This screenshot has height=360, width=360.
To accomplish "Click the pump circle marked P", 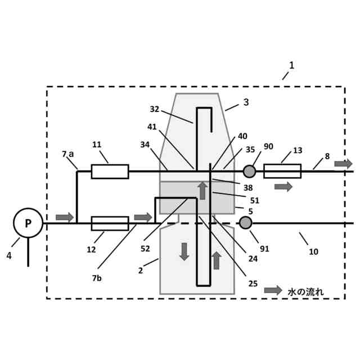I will point(28,223).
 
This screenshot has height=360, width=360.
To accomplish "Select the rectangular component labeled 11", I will point(110,171).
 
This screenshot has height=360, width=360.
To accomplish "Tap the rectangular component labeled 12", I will point(110,223).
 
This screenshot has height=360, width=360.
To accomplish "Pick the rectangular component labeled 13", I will point(282,171).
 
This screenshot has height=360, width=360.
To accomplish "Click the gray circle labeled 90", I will point(249,171).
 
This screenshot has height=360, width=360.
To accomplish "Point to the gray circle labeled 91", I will point(245,223).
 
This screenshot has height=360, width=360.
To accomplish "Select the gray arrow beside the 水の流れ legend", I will point(273,290).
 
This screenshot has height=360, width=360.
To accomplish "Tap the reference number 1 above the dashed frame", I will point(291,65).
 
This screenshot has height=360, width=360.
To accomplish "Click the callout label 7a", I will point(68,154).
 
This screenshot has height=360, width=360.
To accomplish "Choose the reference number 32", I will point(155,110).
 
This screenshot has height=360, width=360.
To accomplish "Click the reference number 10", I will point(313,251).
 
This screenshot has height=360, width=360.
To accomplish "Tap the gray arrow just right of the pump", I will point(65,217).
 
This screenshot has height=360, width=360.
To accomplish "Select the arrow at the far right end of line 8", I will point(343,164).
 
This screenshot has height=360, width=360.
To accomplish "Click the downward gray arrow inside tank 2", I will point(184,251).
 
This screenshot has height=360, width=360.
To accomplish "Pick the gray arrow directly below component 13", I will point(283,187).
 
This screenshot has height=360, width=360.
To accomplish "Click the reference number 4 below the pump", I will point(9,255).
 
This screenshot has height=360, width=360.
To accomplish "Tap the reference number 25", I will point(253,283).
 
